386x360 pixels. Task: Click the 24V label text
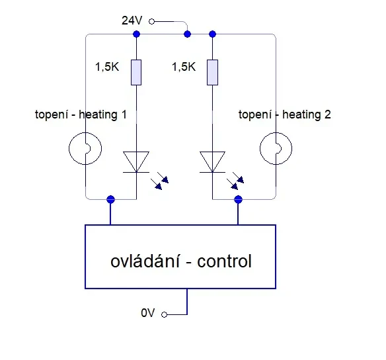click(132, 21)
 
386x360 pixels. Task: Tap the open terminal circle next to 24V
click(151, 22)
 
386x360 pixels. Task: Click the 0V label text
click(147, 313)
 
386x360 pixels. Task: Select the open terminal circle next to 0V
click(164, 314)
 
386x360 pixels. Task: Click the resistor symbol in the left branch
click(136, 72)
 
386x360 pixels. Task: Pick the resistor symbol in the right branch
click(212, 72)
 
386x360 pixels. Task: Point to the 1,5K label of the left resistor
click(107, 67)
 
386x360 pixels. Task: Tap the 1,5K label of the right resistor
click(184, 67)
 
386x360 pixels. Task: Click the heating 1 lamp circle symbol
click(69, 149)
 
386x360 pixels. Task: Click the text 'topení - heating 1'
click(81, 114)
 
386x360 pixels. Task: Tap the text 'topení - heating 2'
click(285, 114)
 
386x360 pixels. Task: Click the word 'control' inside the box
click(224, 261)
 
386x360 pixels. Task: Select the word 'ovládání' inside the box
click(145, 261)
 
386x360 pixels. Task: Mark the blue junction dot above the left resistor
click(136, 34)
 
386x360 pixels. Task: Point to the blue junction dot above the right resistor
click(212, 34)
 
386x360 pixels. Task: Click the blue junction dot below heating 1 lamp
click(111, 199)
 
